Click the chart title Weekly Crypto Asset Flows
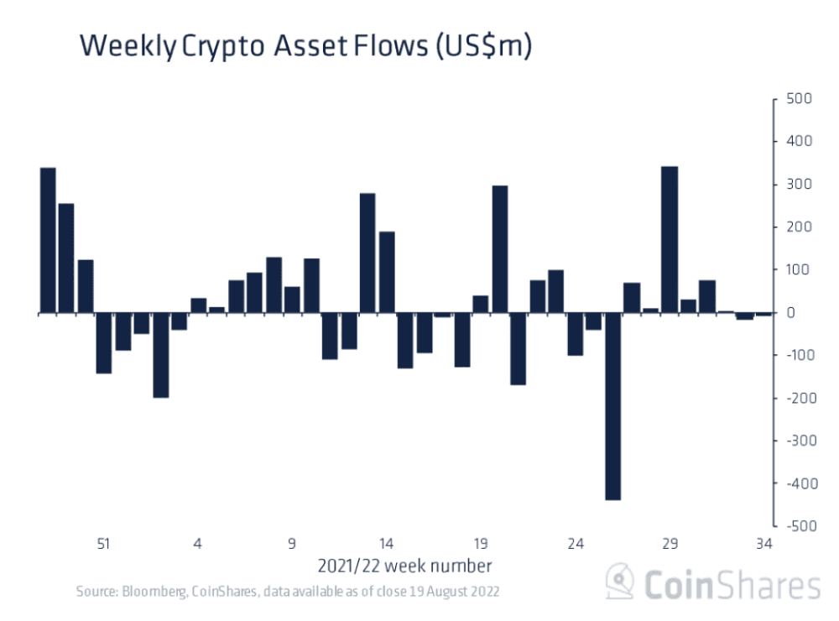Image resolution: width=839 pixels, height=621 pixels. (x=305, y=47)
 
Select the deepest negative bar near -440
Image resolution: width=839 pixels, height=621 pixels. (x=612, y=406)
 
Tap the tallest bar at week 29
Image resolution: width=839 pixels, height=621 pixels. (x=670, y=240)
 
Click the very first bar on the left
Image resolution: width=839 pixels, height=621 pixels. (x=48, y=240)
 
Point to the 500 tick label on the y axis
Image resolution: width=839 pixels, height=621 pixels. (x=797, y=99)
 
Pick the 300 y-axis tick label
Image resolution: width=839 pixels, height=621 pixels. (x=797, y=185)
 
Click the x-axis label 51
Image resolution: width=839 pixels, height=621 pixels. (x=103, y=544)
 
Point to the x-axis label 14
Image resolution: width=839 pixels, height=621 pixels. (x=386, y=544)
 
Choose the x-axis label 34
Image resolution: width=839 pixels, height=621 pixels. (x=763, y=544)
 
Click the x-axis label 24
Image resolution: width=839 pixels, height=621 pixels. (x=575, y=544)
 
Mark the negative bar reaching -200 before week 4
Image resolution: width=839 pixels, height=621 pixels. (x=160, y=355)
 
